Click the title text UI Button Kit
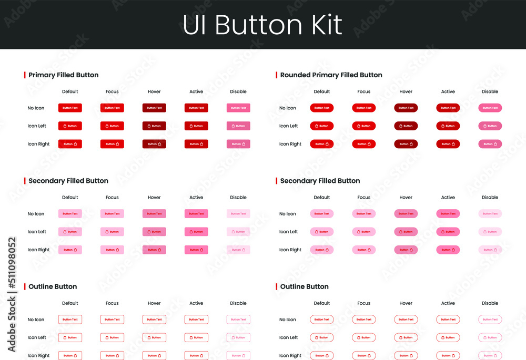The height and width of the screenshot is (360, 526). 262,25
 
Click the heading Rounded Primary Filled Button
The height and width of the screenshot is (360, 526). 331,75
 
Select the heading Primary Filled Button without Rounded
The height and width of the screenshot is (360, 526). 63,75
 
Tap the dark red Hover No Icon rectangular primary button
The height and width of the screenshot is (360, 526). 154,108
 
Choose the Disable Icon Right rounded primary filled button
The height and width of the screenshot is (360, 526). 490,144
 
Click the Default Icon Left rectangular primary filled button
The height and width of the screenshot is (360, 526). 70,126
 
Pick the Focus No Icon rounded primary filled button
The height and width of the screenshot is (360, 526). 364,108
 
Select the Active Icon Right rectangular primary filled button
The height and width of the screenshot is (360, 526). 196,144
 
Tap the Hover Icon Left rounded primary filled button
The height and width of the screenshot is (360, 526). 406,126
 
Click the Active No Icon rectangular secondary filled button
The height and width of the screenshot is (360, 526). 196,214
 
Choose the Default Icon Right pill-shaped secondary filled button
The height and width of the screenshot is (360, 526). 322,250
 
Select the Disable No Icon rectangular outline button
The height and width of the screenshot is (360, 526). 238,320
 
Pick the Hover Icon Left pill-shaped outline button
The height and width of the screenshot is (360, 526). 406,337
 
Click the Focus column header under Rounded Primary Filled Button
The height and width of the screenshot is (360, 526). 364,91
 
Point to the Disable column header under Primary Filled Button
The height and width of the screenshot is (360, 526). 238,91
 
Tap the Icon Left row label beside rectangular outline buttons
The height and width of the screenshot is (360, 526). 37,337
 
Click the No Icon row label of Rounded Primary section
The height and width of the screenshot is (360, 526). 288,108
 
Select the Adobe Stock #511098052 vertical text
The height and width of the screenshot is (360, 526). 12,294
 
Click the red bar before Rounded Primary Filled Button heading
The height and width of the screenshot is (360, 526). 276,75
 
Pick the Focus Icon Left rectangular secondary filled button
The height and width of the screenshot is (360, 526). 112,232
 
